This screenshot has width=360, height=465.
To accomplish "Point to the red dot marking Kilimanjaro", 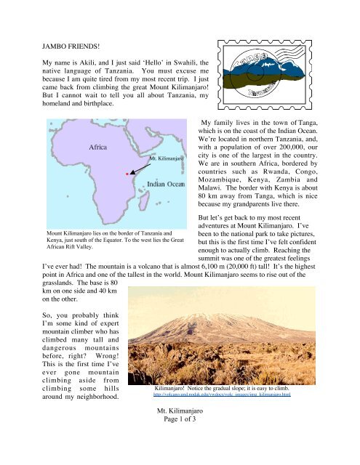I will (127, 174).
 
